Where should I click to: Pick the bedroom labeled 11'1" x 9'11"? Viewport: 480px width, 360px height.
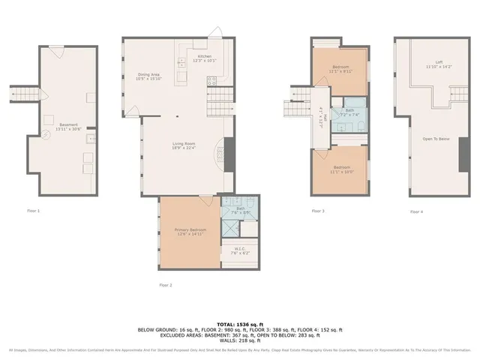click(341, 69)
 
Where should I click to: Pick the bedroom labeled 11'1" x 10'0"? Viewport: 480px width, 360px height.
click(341, 169)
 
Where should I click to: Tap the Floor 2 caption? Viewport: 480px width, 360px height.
click(166, 285)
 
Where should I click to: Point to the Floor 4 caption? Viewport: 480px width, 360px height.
click(416, 211)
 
